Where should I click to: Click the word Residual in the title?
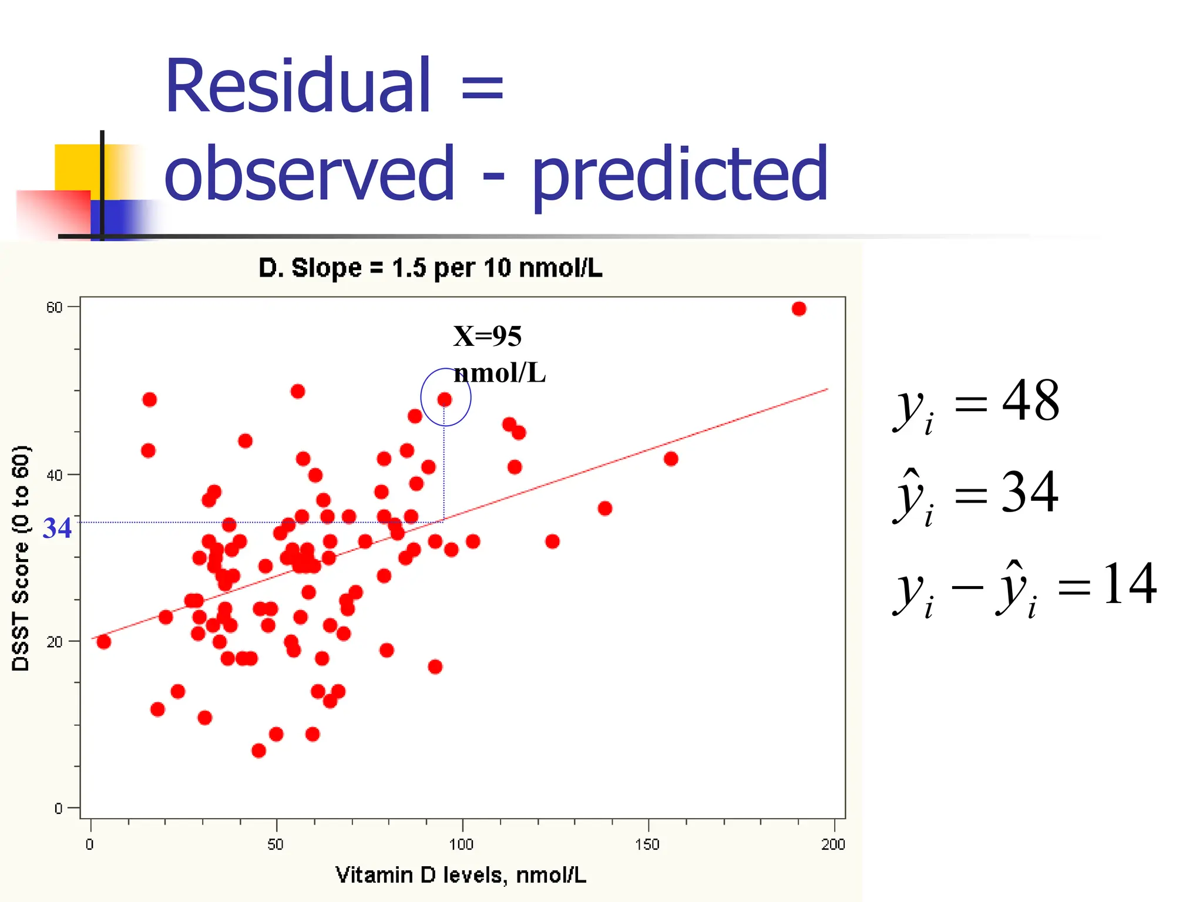click(298, 86)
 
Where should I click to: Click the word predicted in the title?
click(680, 174)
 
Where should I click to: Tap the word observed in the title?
click(310, 174)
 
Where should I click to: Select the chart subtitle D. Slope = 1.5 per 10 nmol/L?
click(430, 268)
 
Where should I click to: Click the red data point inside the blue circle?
click(445, 400)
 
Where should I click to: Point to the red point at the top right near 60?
click(799, 309)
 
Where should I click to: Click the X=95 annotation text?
click(488, 336)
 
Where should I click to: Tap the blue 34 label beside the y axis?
click(57, 529)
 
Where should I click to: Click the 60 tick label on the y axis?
click(54, 308)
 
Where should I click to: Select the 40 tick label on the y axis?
click(54, 475)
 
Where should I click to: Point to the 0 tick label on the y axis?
click(58, 809)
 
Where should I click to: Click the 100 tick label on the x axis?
click(461, 845)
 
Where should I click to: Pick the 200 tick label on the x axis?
click(833, 845)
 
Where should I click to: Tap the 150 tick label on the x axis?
click(647, 845)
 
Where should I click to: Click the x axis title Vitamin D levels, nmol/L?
click(461, 876)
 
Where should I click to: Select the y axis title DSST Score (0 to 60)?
click(21, 558)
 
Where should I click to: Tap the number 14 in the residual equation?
click(1129, 584)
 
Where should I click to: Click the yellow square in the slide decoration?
click(76, 167)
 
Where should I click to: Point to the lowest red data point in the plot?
click(258, 751)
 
